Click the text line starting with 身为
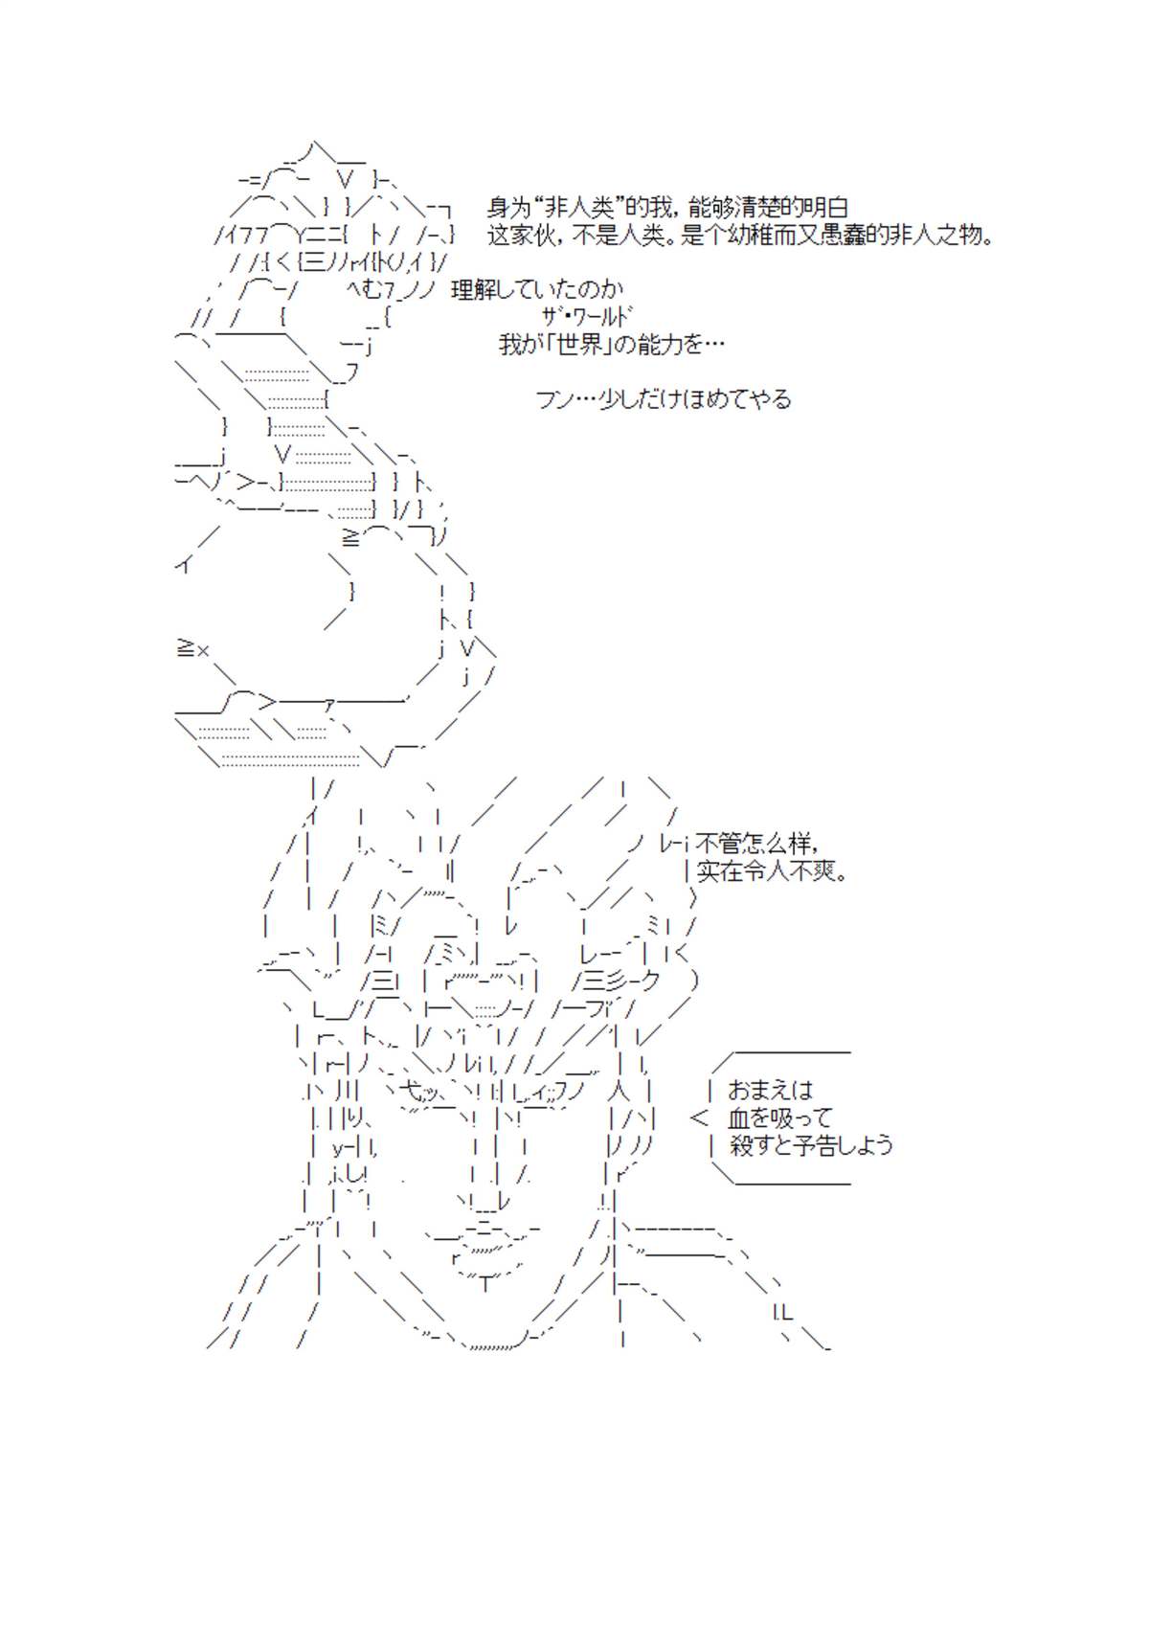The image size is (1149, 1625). coord(666,208)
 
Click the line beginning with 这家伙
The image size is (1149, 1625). coord(740,235)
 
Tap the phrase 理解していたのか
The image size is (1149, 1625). coord(537,289)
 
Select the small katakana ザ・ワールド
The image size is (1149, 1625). coord(586,316)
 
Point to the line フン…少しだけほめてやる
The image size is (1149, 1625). coord(663,398)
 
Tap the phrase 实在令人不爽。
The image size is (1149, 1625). coord(771,870)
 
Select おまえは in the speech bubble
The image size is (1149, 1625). coord(770,1090)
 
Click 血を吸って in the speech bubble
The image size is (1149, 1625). coord(779,1117)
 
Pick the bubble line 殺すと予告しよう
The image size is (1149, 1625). coord(810,1144)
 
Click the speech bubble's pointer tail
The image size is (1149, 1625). coord(699,1117)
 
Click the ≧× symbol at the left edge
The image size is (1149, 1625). coord(192,649)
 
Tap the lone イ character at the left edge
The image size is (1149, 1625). coord(183,564)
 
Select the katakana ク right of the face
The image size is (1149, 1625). coord(648,982)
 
